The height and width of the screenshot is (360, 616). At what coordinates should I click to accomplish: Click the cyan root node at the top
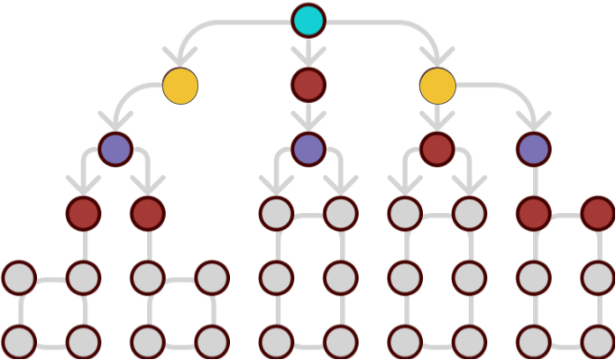[308, 20]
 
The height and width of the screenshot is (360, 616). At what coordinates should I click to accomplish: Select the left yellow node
[180, 86]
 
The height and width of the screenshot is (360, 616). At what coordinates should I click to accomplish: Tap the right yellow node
[437, 86]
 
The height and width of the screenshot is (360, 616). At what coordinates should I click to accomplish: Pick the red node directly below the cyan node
[308, 85]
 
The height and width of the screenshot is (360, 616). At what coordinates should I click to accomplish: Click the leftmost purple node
[115, 149]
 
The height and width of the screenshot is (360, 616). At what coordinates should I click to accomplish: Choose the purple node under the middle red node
[308, 149]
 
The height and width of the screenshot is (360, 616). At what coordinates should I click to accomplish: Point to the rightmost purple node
[534, 149]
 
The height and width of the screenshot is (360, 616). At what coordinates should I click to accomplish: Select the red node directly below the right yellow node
[437, 149]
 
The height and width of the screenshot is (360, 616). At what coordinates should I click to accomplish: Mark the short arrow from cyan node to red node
[308, 51]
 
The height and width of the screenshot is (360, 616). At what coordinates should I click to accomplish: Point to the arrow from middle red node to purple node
[308, 117]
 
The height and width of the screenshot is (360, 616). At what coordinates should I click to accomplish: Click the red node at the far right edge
[597, 214]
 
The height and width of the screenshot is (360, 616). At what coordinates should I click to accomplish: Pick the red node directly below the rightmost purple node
[534, 214]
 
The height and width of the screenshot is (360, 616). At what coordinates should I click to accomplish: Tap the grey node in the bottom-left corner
[19, 342]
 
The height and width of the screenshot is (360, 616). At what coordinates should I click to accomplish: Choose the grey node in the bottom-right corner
[597, 342]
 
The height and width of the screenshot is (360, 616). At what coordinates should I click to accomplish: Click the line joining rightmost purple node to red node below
[534, 181]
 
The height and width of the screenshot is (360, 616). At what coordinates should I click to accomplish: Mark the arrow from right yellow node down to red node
[437, 117]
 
